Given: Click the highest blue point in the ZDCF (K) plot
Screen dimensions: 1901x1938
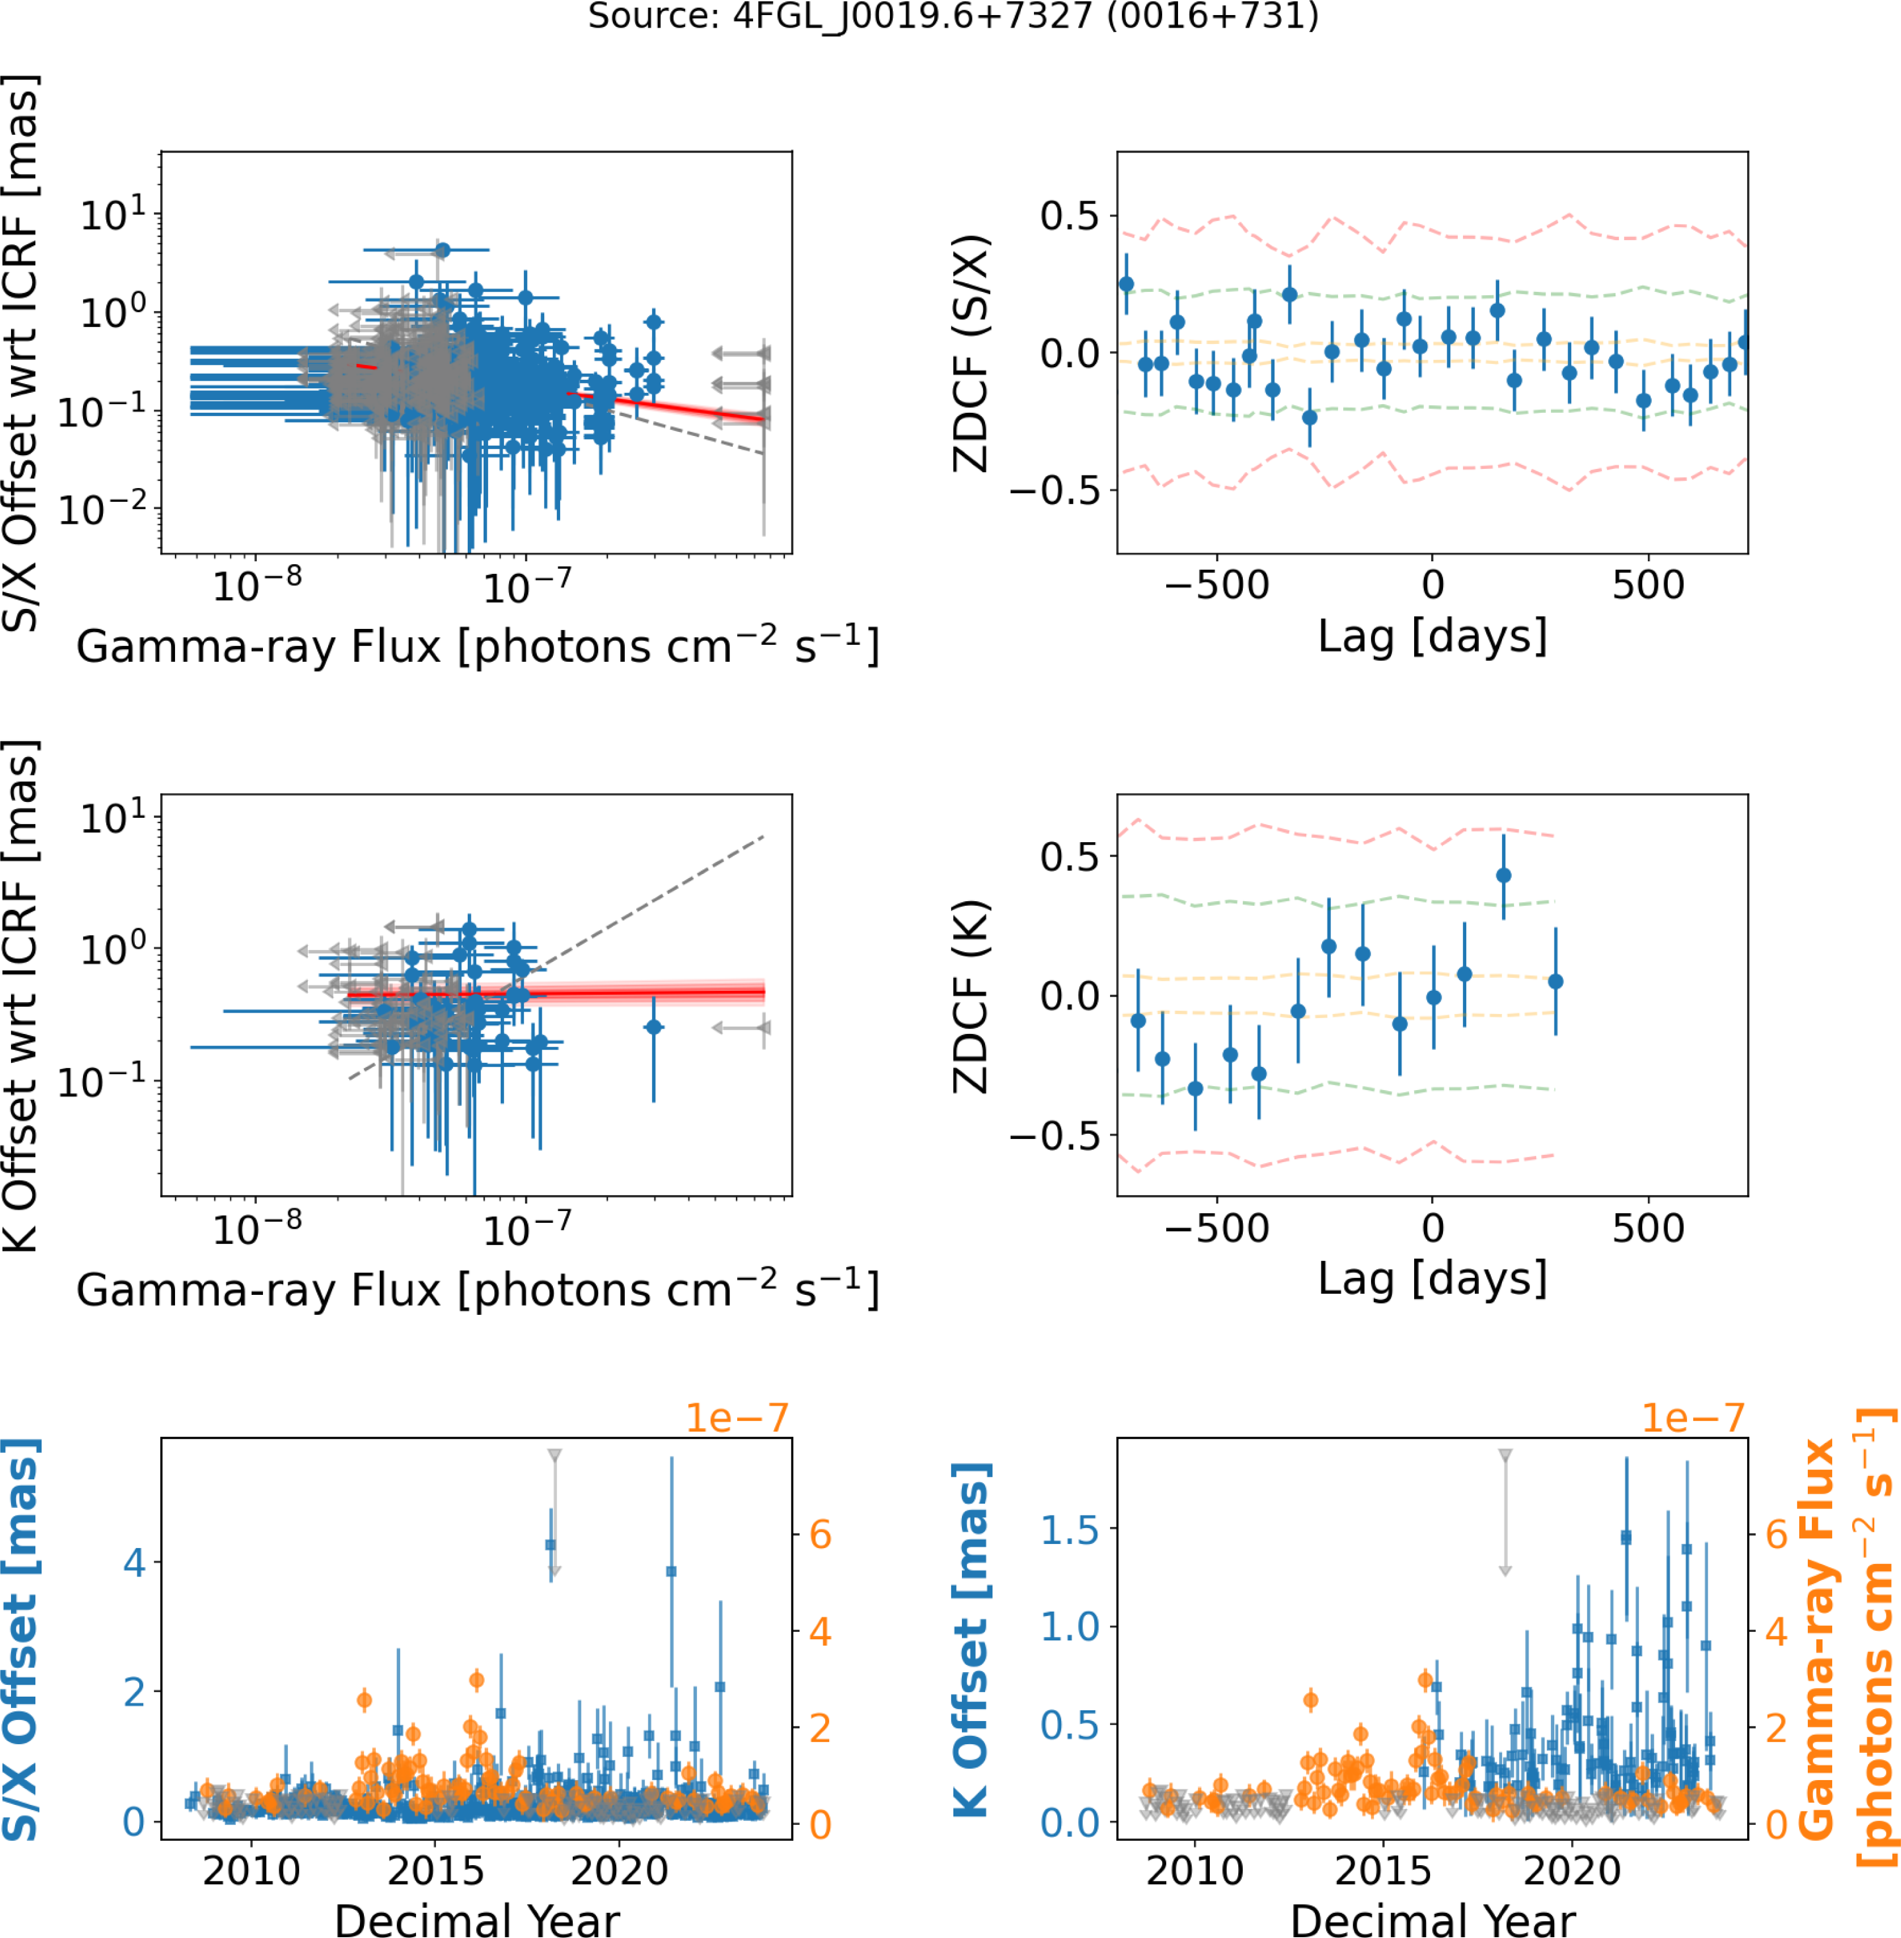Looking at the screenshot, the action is [1504, 876].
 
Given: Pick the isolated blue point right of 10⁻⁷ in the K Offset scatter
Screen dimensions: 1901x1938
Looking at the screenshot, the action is [653, 1027].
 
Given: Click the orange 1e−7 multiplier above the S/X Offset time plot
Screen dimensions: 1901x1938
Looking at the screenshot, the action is [737, 1418].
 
